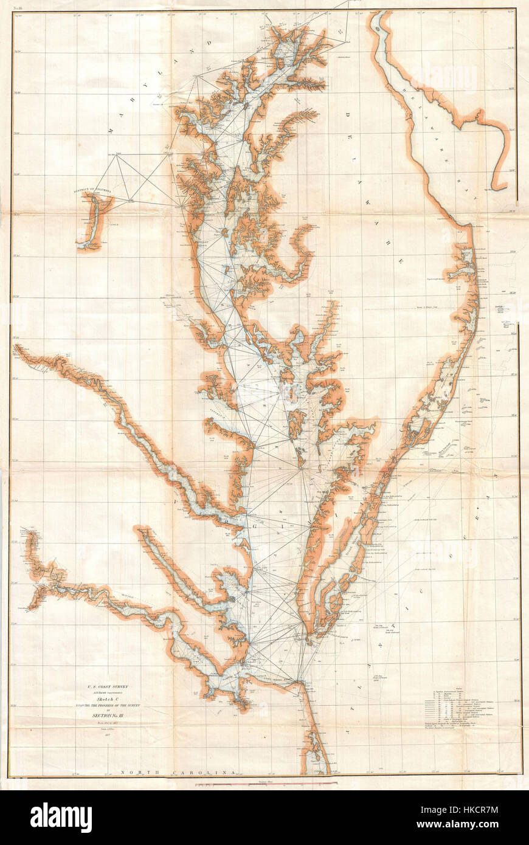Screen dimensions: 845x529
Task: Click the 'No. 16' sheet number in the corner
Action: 19,5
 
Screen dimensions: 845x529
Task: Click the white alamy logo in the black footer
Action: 61,817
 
